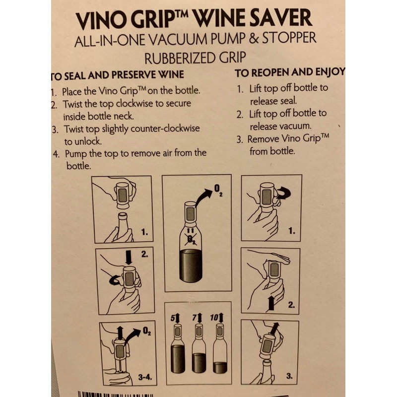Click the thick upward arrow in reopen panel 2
pyautogui.click(x=270, y=302)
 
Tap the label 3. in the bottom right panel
pyautogui.click(x=289, y=377)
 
